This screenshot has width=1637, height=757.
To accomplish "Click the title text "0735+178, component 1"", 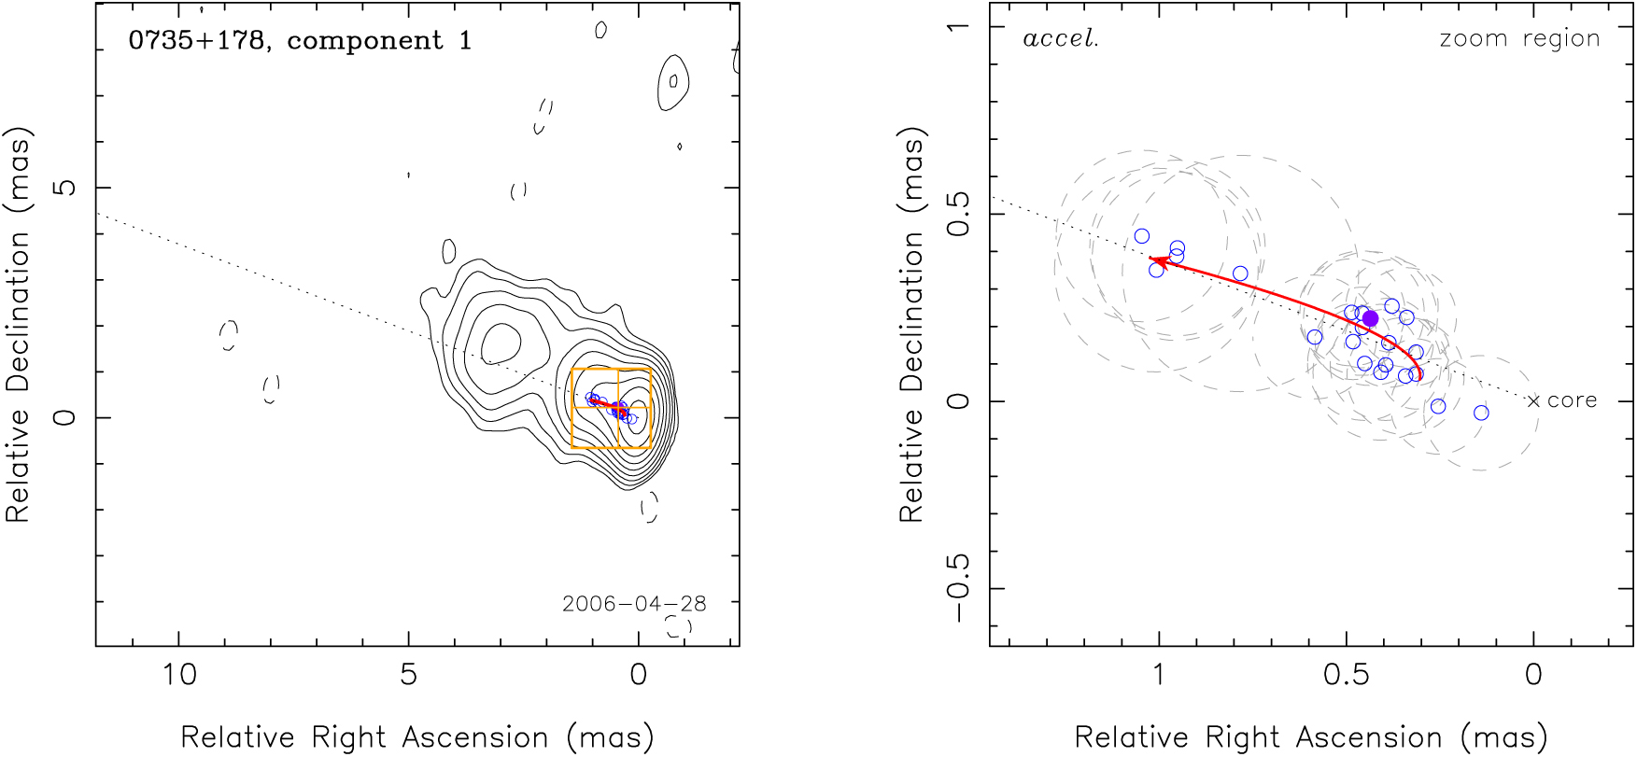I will point(300,41).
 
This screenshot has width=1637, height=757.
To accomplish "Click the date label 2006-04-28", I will point(634,604).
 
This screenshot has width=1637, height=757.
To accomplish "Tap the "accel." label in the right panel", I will point(1061,39).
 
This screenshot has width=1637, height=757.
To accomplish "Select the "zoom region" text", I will point(1519,39).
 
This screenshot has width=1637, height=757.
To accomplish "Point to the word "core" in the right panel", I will point(1572,400).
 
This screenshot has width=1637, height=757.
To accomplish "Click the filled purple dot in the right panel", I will point(1370,318).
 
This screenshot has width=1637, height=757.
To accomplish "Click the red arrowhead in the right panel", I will point(1156,261).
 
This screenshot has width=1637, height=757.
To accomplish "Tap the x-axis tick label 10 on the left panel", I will point(178,675).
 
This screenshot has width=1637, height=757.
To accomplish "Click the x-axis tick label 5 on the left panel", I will point(408,675).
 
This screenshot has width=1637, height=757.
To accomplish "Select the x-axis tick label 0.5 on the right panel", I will point(1346,675).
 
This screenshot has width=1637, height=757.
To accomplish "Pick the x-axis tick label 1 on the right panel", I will point(1159,675).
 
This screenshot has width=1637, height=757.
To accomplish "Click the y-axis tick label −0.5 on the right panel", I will point(958,588).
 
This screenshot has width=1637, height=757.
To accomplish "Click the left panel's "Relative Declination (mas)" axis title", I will point(19,324).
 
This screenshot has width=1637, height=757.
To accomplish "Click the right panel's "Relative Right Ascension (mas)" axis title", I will point(1311,737).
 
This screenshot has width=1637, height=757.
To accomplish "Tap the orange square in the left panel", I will point(611,409).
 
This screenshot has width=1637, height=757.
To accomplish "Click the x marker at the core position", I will point(1533,401).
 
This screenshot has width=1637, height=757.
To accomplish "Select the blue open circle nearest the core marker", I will point(1481,413).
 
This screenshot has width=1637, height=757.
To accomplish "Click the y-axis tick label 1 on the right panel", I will point(958,26).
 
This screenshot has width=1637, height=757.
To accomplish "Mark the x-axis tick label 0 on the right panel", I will point(1533,675).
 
